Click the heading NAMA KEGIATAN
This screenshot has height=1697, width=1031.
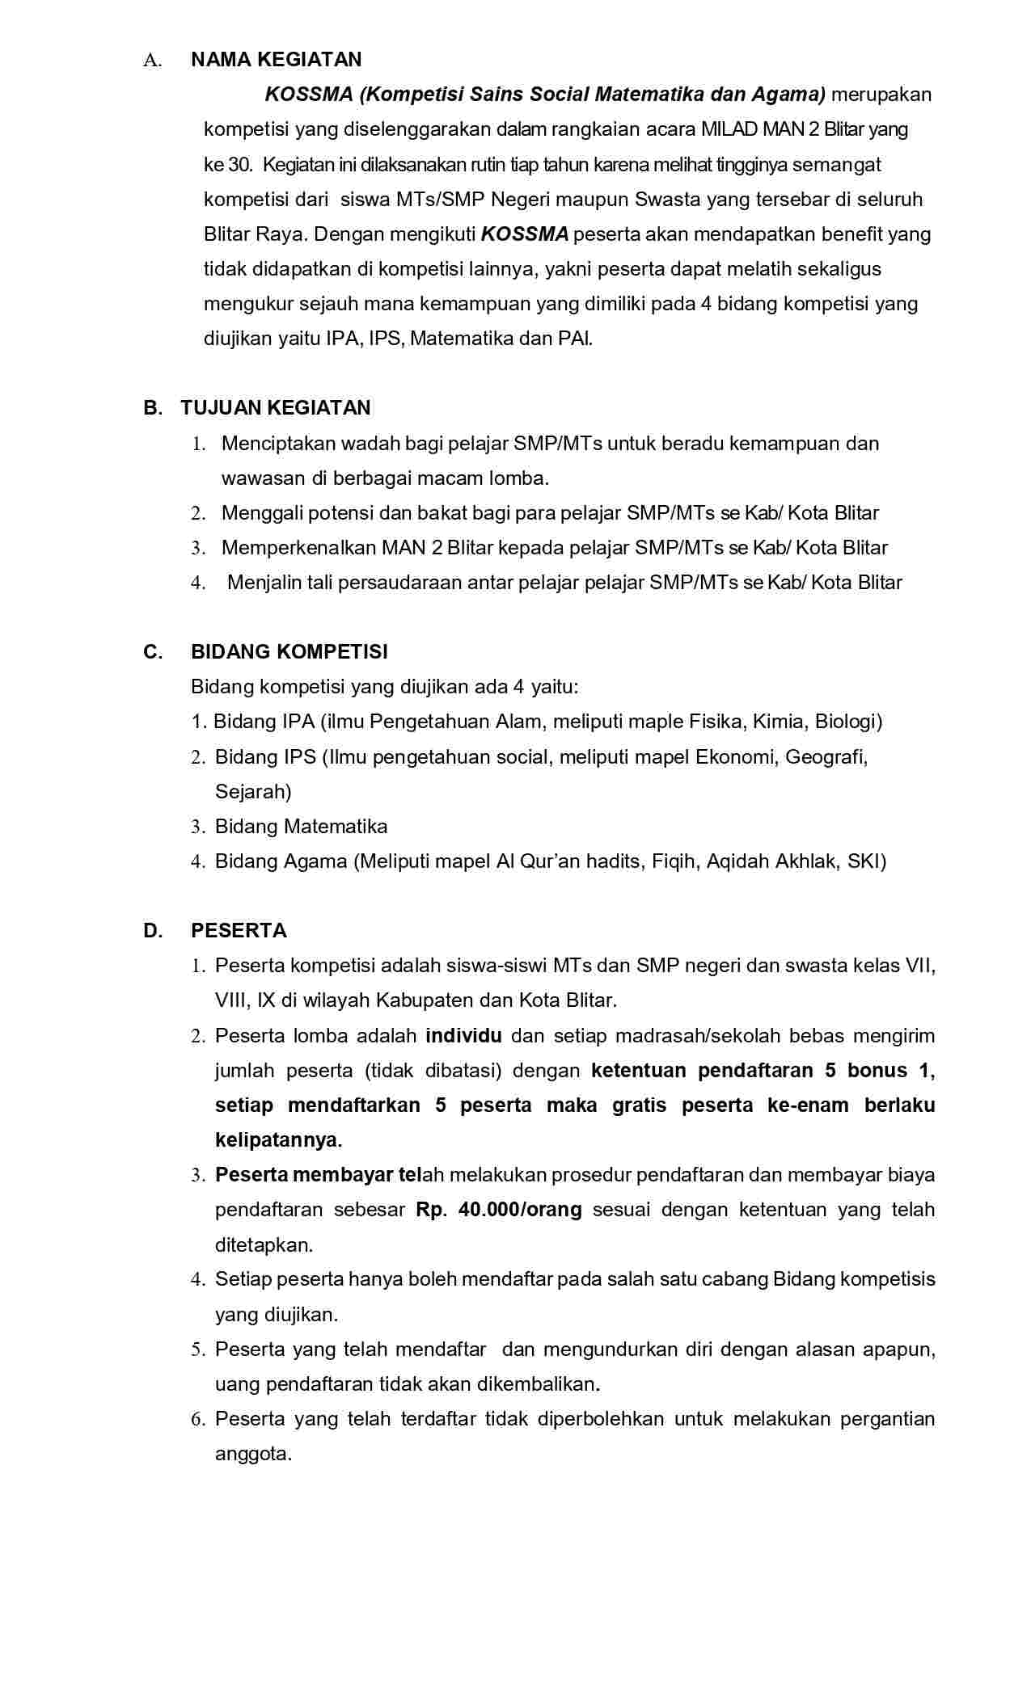276,60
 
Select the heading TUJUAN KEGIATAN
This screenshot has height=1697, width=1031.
276,408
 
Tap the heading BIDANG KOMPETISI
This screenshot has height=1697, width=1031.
289,652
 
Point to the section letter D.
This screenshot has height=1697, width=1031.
152,931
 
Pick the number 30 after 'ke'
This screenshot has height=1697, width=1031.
239,165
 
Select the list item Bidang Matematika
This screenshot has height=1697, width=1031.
301,827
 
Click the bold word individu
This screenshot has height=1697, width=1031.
463,1036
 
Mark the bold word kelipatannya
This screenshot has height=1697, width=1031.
277,1140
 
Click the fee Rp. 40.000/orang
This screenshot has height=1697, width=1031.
499,1211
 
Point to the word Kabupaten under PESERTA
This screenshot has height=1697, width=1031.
422,1000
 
